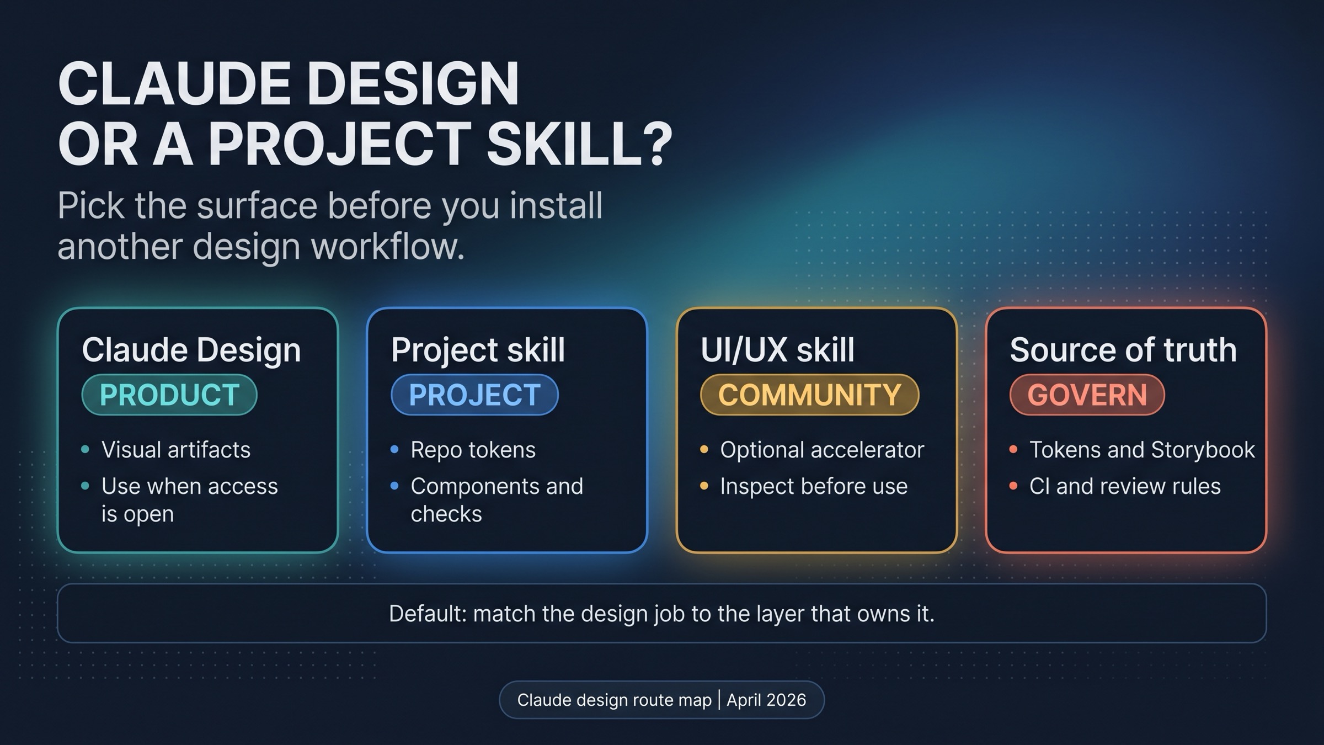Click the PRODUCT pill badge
tap(169, 395)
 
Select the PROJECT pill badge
tap(474, 395)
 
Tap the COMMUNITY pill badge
tap(809, 395)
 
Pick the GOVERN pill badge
tap(1087, 395)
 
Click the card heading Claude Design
tap(191, 350)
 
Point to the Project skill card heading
tap(478, 350)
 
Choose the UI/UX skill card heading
tap(777, 350)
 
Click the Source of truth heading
tap(1123, 350)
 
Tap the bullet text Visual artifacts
tap(176, 450)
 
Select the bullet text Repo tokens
tap(473, 450)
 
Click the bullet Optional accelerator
tap(821, 450)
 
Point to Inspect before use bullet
tap(814, 486)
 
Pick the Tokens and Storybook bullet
tap(1142, 450)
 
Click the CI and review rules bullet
tap(1125, 486)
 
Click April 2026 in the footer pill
tap(766, 700)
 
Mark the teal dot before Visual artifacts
tap(85, 450)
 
